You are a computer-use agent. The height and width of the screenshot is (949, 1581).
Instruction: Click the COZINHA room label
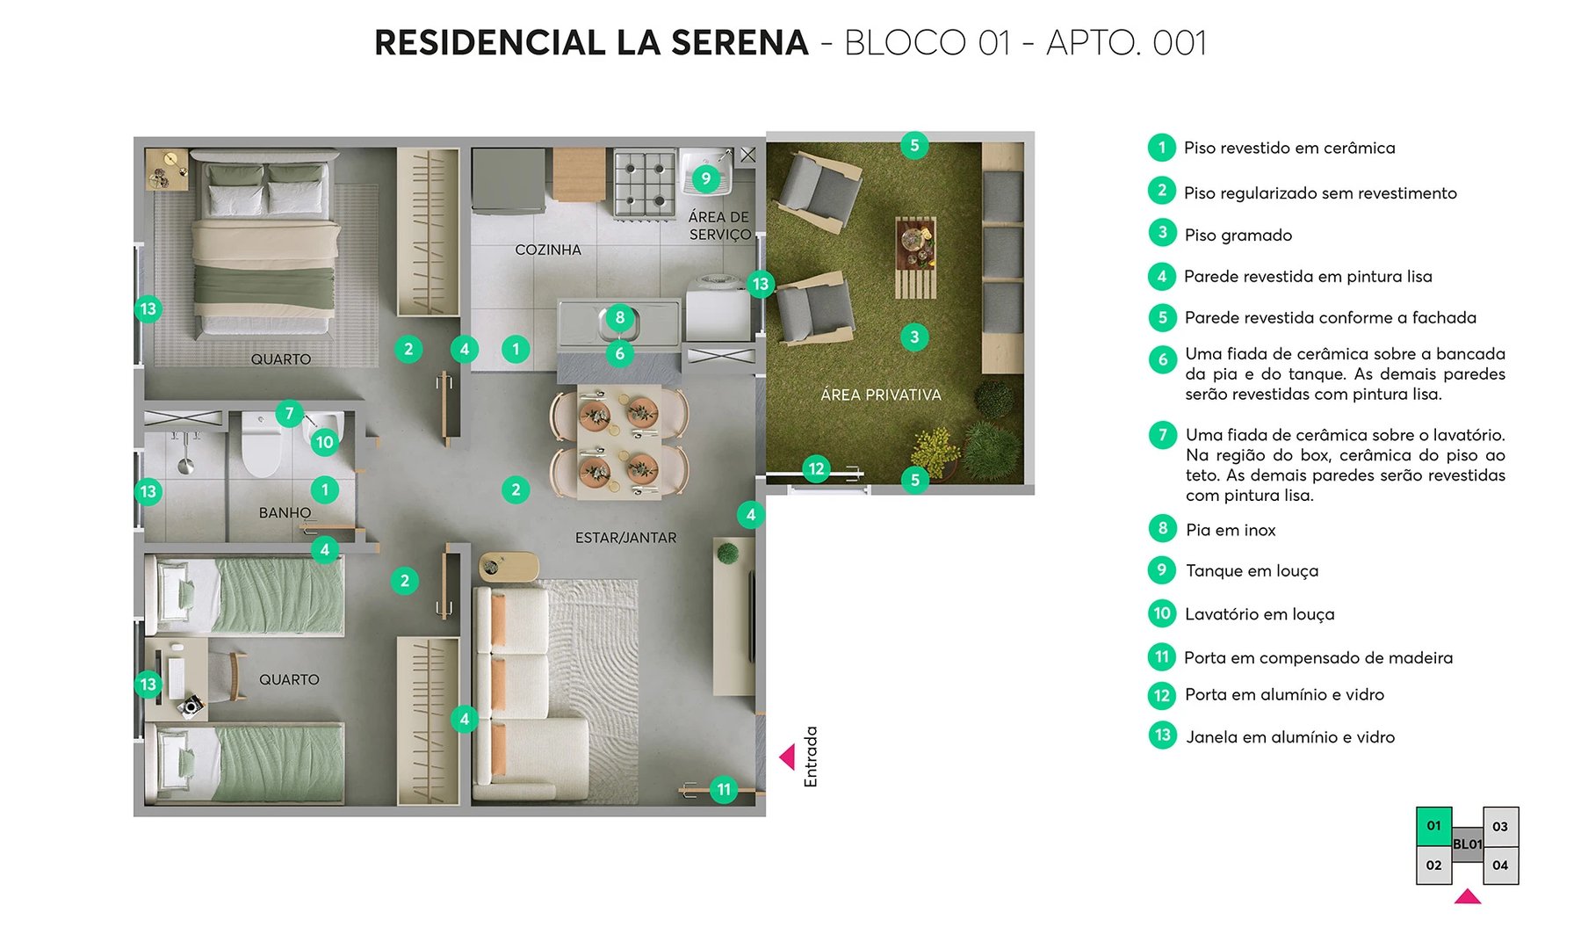[x=548, y=250]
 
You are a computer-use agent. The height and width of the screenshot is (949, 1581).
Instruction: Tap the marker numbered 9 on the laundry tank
[x=705, y=179]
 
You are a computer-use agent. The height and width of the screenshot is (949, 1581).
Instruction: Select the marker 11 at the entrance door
[x=723, y=789]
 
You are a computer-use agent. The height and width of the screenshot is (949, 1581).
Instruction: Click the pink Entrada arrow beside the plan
[x=787, y=757]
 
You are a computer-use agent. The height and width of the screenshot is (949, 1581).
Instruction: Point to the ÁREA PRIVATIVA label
[x=880, y=395]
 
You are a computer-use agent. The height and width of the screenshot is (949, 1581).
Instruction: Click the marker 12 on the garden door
[x=816, y=468]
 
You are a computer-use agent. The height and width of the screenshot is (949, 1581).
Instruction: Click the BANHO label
[x=285, y=512]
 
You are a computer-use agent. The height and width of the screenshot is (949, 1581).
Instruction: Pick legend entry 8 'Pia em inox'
[x=1230, y=530]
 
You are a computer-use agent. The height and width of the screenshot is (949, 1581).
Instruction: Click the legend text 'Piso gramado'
[x=1238, y=235]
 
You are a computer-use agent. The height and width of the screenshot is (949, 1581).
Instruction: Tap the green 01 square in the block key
[x=1433, y=826]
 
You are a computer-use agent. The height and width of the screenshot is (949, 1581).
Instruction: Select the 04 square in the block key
[x=1500, y=866]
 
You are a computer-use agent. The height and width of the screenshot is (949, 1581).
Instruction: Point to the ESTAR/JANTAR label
[x=625, y=538]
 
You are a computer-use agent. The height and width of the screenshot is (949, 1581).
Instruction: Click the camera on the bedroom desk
[x=190, y=705]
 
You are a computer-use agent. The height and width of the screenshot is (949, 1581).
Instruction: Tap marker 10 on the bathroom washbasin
[x=324, y=442]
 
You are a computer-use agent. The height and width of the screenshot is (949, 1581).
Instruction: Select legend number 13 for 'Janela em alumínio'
[x=1162, y=735]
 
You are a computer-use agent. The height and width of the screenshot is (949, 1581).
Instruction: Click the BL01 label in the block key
[x=1467, y=844]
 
